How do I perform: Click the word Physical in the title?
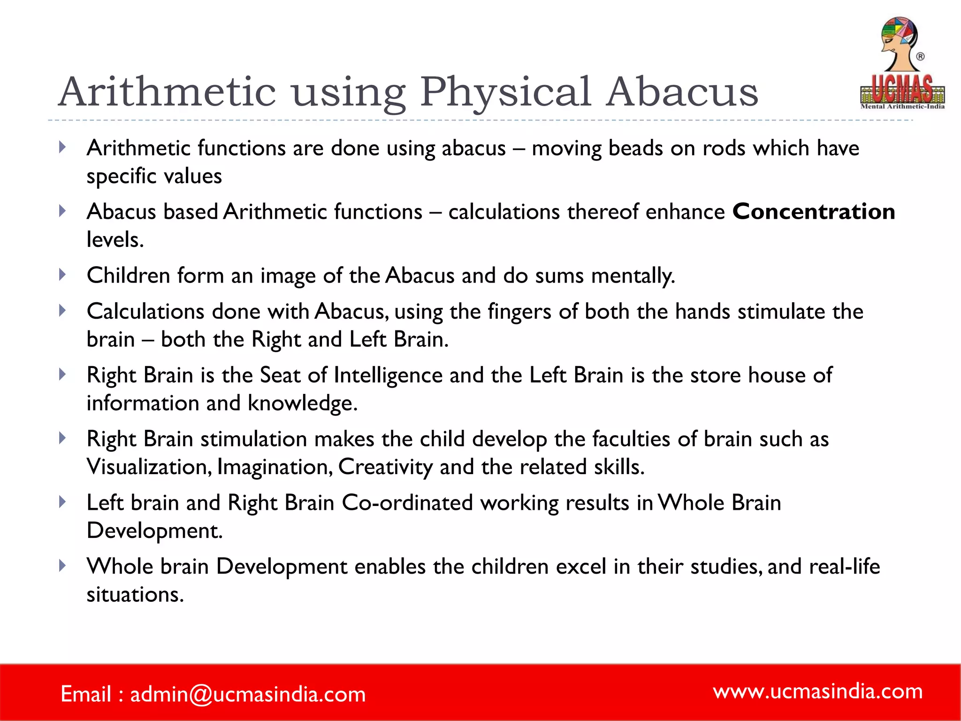[x=504, y=92]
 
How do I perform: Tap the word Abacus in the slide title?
[x=682, y=92]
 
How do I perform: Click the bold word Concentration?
[x=814, y=212]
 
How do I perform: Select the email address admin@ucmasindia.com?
[x=248, y=694]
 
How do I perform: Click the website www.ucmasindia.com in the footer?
[x=817, y=691]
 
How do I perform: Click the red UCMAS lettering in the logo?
[x=902, y=89]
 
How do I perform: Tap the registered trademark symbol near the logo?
[x=920, y=57]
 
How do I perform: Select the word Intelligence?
[x=388, y=375]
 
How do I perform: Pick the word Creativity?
[x=385, y=467]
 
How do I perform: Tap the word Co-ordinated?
[x=407, y=503]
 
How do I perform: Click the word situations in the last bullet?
[x=135, y=595]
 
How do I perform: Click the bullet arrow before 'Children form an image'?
[x=62, y=275]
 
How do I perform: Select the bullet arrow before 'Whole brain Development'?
[x=62, y=566]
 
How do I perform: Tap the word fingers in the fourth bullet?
[x=519, y=312]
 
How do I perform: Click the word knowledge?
[x=302, y=403]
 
